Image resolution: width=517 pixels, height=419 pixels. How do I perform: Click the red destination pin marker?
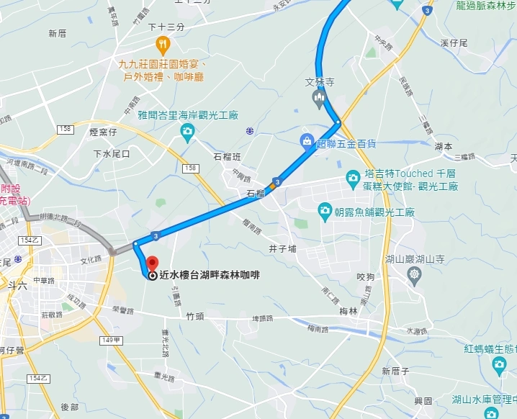(152, 263)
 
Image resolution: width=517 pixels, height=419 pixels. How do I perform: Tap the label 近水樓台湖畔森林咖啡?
(210, 274)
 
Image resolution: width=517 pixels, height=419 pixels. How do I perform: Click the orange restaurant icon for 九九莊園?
(163, 46)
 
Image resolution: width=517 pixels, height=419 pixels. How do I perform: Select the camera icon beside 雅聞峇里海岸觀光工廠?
(187, 131)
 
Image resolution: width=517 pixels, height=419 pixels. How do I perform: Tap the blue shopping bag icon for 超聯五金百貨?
(307, 141)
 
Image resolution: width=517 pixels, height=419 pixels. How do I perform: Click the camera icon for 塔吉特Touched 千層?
(353, 176)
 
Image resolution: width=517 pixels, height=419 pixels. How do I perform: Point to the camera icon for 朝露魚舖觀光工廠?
(325, 210)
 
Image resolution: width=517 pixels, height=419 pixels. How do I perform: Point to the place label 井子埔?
(282, 249)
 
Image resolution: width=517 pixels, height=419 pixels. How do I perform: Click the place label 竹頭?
(195, 315)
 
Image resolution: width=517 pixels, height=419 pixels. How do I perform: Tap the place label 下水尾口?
(111, 154)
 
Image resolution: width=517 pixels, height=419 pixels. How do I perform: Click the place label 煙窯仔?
(102, 132)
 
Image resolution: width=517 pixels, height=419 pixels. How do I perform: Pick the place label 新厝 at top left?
(57, 33)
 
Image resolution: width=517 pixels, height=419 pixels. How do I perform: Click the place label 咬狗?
(366, 276)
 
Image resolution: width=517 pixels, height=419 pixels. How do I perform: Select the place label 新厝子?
(396, 371)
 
